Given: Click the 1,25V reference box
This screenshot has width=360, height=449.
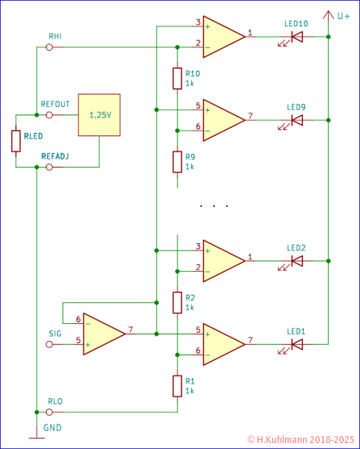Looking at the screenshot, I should click(99, 115).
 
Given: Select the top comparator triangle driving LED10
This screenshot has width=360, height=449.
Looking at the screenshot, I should click(222, 36).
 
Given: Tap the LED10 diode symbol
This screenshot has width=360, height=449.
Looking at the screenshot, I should click(296, 36).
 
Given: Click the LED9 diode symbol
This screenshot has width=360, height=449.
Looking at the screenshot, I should click(296, 120).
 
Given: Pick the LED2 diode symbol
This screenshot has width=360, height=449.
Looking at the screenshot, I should click(296, 261).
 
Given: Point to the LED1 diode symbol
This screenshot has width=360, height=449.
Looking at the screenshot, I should click(296, 344).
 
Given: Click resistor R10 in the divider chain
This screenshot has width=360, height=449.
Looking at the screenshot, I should click(177, 78).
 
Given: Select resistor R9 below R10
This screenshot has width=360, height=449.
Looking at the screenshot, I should click(177, 161).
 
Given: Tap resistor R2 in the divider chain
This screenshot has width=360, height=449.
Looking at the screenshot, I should click(177, 302).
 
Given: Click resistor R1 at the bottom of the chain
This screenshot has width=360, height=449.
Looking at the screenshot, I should click(177, 385).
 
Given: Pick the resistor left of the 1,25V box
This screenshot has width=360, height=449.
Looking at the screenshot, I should click(16, 141).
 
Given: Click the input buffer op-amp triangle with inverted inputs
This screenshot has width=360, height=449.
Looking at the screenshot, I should click(102, 333).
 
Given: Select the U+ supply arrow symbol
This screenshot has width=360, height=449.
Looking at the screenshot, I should click(328, 15).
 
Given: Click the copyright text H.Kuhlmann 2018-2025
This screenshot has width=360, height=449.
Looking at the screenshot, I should click(301, 439).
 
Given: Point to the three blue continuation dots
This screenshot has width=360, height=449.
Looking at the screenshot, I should click(214, 206).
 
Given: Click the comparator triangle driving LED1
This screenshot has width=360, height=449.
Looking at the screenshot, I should click(222, 344).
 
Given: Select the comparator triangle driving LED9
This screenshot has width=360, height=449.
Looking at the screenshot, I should click(222, 120).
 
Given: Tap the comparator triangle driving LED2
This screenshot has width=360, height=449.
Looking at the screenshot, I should click(222, 261).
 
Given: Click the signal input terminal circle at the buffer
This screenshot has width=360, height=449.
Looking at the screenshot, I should click(49, 344).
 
